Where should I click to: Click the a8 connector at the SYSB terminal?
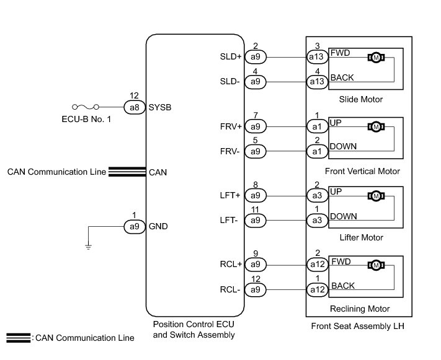135,107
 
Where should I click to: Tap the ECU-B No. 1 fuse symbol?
86,107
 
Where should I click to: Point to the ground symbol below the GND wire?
88,247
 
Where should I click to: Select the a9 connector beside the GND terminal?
135,227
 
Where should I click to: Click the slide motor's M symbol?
376,58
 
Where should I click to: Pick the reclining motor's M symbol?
376,265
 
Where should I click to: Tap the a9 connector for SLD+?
256,57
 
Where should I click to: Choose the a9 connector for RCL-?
256,290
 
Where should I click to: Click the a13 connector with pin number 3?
317,57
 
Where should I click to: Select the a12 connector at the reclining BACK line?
317,290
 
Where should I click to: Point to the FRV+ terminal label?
231,127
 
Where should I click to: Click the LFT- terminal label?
229,221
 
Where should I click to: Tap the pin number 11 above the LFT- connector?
255,209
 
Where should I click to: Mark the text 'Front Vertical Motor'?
362,171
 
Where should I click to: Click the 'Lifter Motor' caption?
362,237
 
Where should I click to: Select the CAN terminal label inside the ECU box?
158,172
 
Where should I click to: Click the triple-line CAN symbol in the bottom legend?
19,338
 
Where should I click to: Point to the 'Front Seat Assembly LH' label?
357,326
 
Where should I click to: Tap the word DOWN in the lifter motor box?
344,216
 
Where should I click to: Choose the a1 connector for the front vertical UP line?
317,127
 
